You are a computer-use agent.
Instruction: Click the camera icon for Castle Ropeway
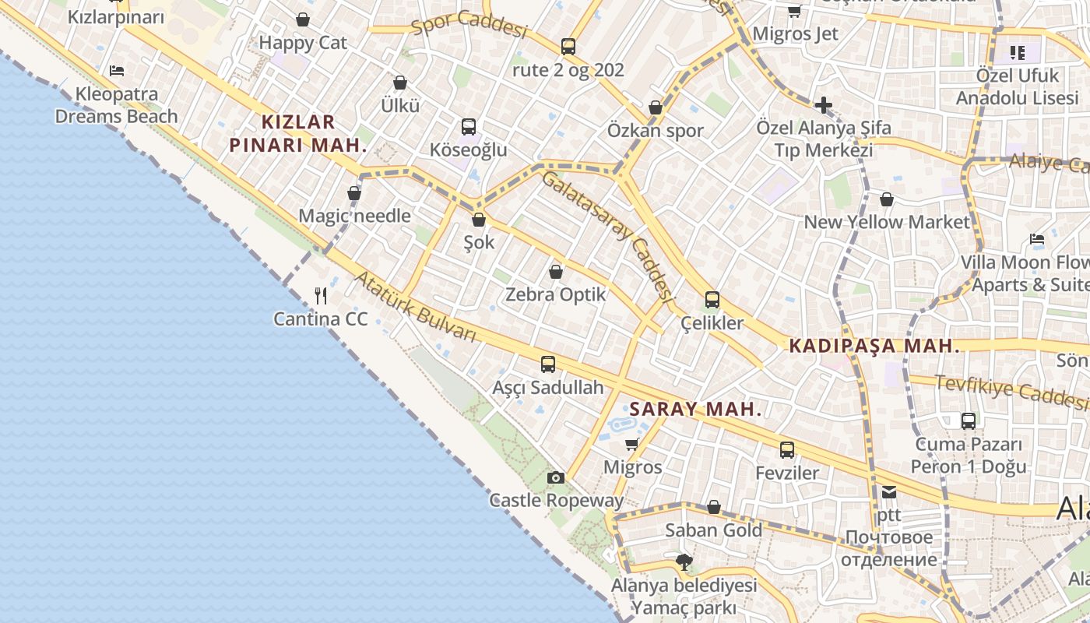(555, 477)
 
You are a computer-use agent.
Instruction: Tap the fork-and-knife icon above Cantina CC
(320, 296)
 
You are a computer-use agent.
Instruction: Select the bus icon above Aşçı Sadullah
(548, 364)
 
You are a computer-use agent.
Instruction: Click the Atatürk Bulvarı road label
(415, 307)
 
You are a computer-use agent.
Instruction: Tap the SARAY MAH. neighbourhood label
(695, 409)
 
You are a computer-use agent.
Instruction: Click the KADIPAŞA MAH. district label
(874, 346)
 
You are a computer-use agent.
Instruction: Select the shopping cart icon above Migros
(632, 444)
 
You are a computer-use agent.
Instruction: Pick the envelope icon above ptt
(889, 491)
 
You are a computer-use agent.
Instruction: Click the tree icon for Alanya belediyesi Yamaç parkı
(684, 561)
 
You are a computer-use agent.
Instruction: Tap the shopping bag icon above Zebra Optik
(556, 272)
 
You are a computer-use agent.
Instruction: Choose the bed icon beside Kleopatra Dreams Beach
(117, 71)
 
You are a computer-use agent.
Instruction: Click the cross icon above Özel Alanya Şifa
(824, 104)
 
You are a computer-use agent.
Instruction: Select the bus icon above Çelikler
(712, 299)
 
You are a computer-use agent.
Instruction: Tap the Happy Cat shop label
(303, 42)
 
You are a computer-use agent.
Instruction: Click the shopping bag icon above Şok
(479, 220)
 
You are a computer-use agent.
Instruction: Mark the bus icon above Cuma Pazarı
(969, 421)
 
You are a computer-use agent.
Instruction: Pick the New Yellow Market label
(887, 222)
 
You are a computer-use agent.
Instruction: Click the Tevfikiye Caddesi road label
(1011, 390)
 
